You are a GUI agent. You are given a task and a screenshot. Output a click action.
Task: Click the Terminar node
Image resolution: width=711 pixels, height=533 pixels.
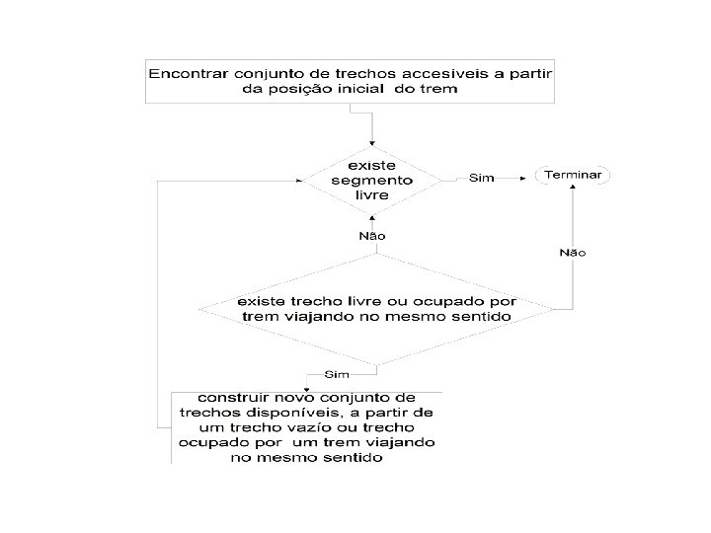[573, 175]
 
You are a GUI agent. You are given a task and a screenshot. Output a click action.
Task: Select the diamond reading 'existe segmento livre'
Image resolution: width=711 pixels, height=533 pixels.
[371, 180]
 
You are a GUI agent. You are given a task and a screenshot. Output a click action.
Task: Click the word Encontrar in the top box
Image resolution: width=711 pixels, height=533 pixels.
[187, 73]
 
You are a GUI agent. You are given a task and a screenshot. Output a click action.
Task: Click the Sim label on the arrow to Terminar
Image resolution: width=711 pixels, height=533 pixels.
[481, 180]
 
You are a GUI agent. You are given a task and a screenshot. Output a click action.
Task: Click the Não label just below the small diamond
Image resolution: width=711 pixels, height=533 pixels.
[371, 236]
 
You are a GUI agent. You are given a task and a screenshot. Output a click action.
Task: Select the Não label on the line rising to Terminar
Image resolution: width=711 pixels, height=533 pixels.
[573, 253]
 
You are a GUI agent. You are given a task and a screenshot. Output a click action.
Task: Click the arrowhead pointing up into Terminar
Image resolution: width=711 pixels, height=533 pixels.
[573, 189]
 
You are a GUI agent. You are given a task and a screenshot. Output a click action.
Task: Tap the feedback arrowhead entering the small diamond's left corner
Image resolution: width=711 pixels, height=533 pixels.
[300, 180]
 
